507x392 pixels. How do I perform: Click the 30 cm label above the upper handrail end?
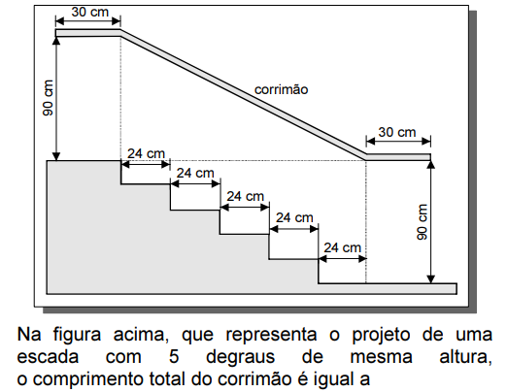[89, 13]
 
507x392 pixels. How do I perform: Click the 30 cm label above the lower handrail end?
[397, 132]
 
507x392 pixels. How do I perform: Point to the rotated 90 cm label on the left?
[48, 98]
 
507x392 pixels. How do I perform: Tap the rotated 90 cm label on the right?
[422, 222]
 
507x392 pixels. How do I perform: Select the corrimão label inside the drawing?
[281, 89]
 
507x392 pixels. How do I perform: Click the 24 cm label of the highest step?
[146, 153]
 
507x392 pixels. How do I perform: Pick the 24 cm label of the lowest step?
[342, 247]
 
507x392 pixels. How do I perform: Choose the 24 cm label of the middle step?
[245, 196]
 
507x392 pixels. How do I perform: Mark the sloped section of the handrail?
[244, 95]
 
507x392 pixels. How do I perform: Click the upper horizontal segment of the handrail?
[88, 33]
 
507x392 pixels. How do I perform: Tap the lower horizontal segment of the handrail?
[398, 157]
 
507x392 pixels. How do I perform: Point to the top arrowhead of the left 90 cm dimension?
[56, 40]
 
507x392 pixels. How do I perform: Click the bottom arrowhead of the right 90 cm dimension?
[430, 279]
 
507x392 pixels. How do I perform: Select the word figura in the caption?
[77, 335]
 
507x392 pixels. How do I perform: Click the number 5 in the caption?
[174, 357]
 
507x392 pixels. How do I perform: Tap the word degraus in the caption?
[241, 358]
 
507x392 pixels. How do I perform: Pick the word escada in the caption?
[48, 357]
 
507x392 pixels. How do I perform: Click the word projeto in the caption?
[381, 335]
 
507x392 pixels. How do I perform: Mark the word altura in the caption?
[465, 357]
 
